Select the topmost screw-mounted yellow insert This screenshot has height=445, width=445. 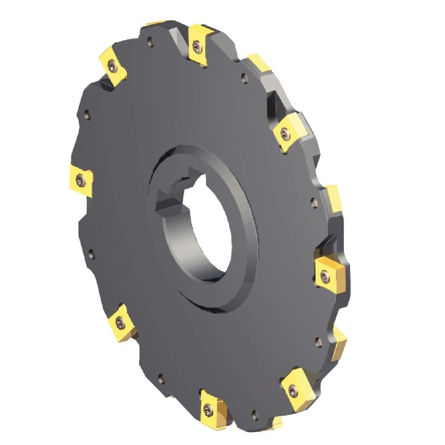click(197, 45)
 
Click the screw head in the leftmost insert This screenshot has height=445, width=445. click(79, 180)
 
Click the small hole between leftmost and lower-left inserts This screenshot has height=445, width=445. click(90, 255)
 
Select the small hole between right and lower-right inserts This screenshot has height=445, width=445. click(318, 342)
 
